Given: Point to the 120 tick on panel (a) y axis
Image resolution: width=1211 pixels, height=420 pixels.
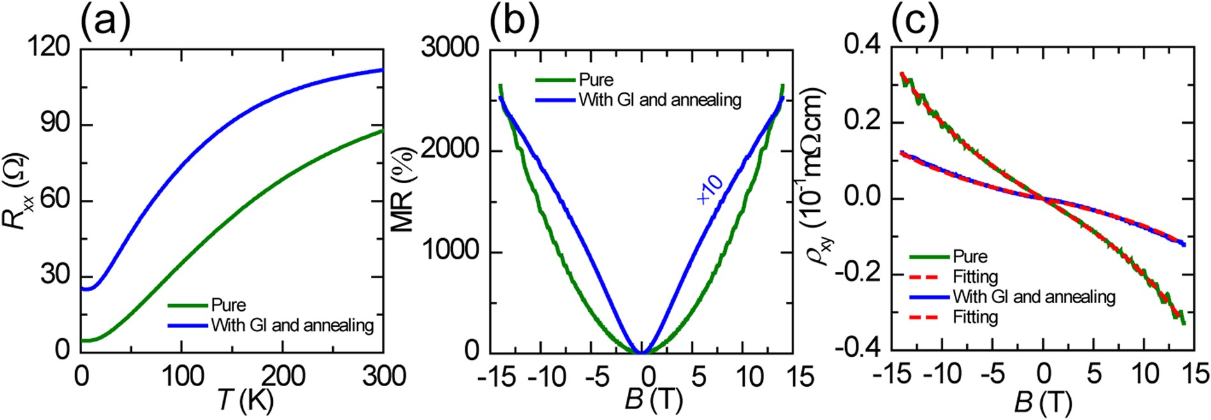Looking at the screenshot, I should point(49,48).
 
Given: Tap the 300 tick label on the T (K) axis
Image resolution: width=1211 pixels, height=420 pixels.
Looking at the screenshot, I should point(384,377).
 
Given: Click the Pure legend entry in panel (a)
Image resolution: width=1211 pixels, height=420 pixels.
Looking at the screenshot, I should point(228,305).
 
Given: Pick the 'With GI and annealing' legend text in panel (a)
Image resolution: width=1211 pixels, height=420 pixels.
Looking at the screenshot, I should point(292,326).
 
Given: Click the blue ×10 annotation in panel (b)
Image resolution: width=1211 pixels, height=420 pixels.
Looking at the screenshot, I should point(710,189).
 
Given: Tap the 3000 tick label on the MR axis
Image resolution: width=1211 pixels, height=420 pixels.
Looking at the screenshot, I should point(449,48).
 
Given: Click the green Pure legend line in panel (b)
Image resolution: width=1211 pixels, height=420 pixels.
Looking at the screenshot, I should point(555,80).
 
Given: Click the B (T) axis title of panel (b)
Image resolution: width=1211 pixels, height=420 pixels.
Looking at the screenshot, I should point(653,401).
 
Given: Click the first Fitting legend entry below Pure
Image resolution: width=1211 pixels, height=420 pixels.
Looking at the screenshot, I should point(975,277).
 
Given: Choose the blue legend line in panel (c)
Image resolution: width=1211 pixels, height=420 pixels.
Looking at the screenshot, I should point(929,297).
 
